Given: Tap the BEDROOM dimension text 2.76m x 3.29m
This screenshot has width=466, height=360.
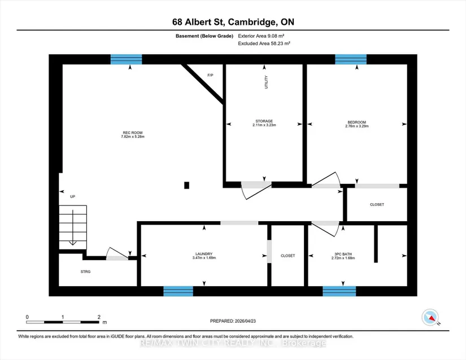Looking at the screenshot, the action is click(357, 126).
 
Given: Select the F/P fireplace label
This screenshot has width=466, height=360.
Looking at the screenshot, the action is click(210, 76).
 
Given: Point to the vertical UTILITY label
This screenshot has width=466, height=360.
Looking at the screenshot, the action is click(266, 82).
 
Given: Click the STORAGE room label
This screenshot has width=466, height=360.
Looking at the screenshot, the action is click(264, 121).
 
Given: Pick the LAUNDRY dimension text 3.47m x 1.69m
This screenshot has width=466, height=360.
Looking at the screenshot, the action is click(204, 258).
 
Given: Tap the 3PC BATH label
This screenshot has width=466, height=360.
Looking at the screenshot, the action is click(343, 254).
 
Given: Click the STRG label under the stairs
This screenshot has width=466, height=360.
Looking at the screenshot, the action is click(86, 271).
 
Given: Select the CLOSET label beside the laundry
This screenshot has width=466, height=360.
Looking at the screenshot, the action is click(288, 256).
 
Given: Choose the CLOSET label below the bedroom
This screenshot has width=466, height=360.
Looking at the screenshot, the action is click(377, 204).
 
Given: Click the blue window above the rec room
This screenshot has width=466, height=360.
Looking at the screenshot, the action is click(127, 59).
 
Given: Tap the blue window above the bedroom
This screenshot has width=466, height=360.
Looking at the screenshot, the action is click(351, 59).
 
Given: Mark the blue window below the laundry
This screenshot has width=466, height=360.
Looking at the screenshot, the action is click(178, 291).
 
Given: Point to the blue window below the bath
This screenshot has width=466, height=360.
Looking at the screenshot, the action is click(339, 291).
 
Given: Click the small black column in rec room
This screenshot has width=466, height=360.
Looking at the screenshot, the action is click(186, 185).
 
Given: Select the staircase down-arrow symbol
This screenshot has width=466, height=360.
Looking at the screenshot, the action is click(73, 227).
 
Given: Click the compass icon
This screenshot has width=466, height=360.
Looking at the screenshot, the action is click(430, 317).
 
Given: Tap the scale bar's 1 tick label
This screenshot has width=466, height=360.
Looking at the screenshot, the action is click(63, 317).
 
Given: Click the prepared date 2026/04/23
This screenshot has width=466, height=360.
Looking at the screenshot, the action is click(245, 321).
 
